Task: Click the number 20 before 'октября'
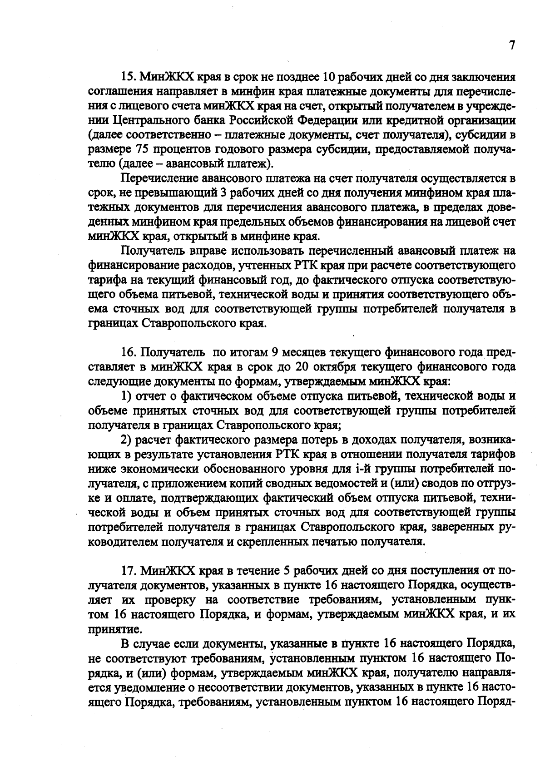(x=302, y=367)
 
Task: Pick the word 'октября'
(x=334, y=367)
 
